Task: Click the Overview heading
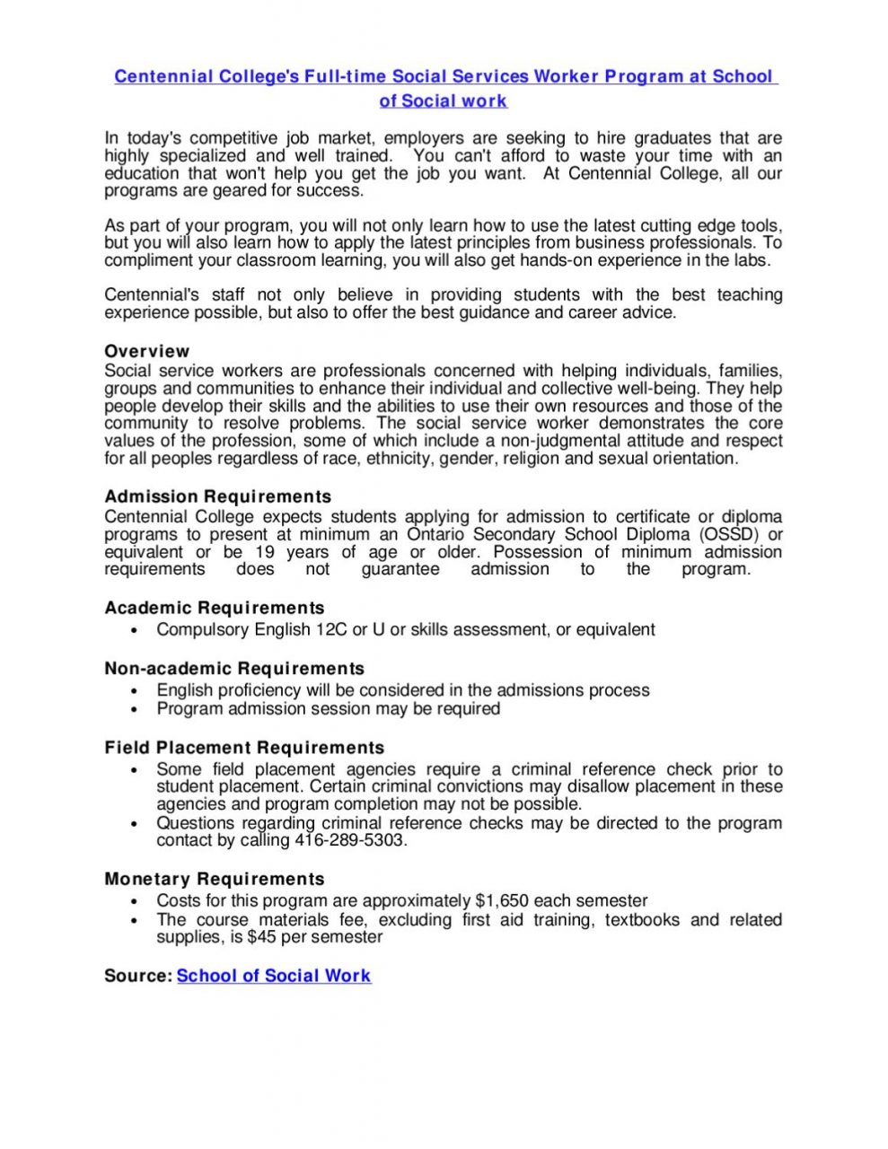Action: coord(146,351)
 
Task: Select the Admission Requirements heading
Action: coord(217,496)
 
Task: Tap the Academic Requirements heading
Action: coord(214,608)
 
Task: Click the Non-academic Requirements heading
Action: coord(233,669)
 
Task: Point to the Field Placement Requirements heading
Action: coord(243,748)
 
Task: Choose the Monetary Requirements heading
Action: coord(214,879)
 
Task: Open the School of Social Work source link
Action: coord(273,976)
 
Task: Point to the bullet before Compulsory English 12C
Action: coord(134,631)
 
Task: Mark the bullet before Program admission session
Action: coord(134,710)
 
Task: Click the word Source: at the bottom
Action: coord(137,976)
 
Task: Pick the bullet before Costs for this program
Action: coord(134,902)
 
